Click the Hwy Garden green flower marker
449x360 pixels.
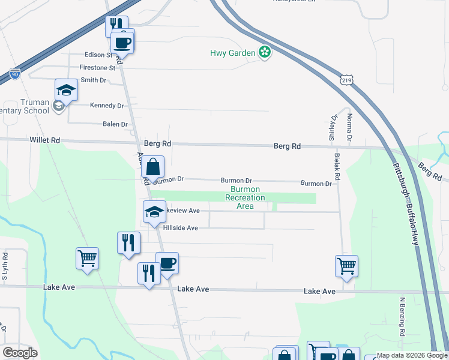tap(265, 53)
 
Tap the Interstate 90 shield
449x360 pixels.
tap(15, 74)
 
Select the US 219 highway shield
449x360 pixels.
tap(346, 79)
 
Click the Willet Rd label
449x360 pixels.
tap(45, 140)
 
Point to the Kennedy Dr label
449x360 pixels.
tap(106, 106)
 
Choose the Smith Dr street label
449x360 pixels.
tap(94, 80)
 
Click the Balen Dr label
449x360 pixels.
tap(115, 124)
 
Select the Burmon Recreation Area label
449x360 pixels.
tap(244, 197)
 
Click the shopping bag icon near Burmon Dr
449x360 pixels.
tap(154, 167)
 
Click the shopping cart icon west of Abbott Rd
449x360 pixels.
tap(87, 259)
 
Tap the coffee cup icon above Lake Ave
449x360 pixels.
tap(167, 263)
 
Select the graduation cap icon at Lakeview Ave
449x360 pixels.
tap(154, 211)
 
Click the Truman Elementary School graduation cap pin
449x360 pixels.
tap(66, 90)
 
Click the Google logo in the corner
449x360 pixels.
tap(20, 353)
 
